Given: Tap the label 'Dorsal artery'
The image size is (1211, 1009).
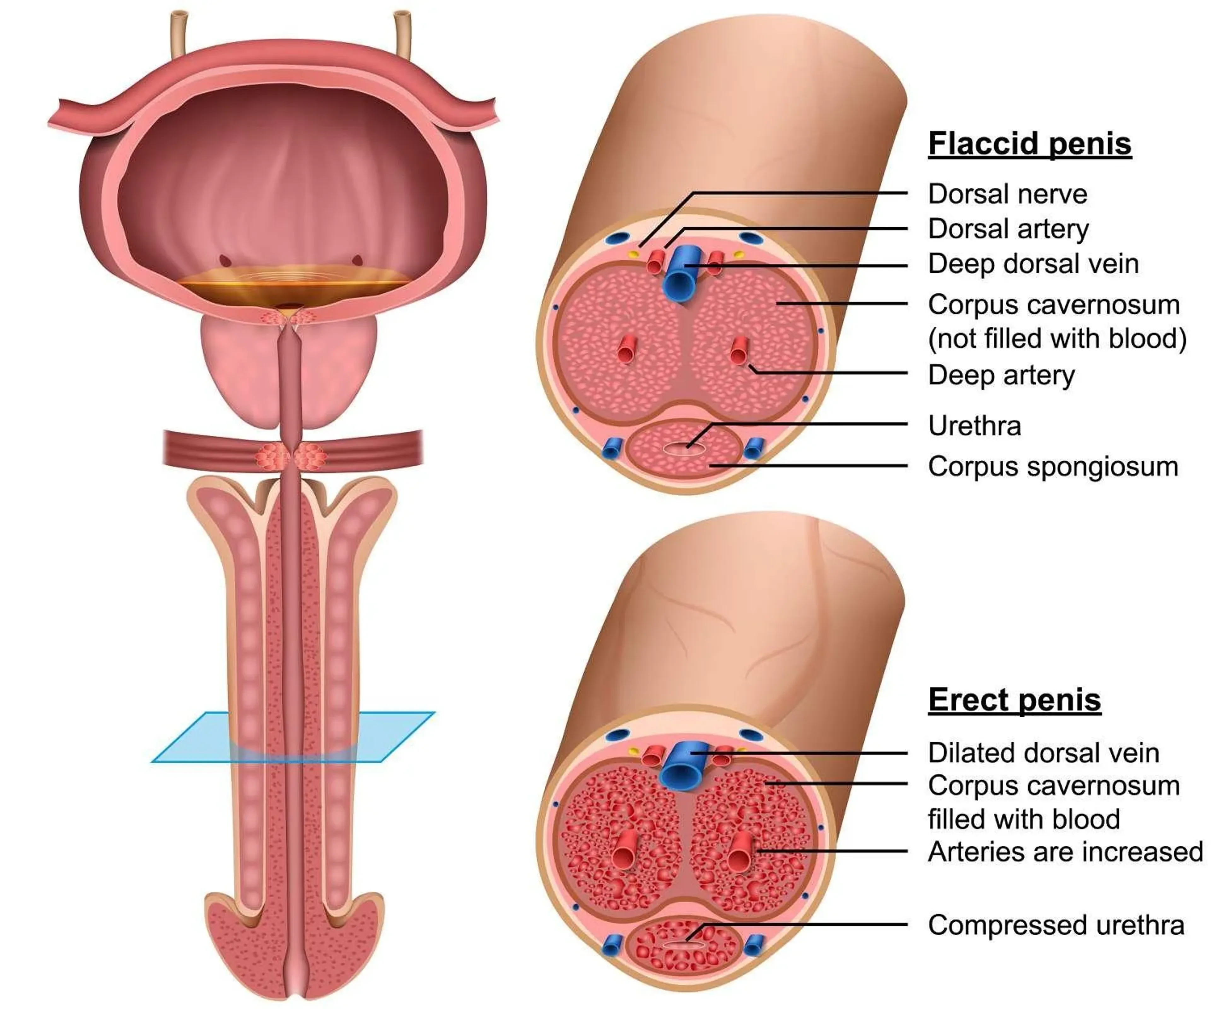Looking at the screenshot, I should (x=1008, y=229).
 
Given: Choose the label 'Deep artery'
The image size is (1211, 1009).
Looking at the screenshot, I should (x=1001, y=375).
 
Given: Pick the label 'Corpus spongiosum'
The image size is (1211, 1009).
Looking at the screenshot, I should (x=1053, y=466).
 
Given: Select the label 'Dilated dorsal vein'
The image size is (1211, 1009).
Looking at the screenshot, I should (x=1043, y=753).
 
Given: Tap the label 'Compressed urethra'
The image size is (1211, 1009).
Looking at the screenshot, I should (x=1056, y=925).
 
